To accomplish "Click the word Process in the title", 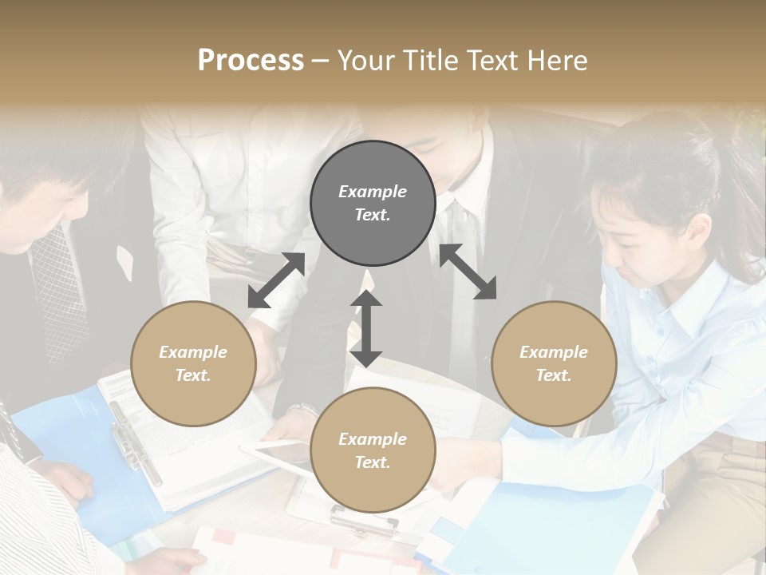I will (x=251, y=61).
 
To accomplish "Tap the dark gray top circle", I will (x=373, y=203).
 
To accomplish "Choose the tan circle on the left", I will (x=193, y=363).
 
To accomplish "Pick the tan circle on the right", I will (x=554, y=363).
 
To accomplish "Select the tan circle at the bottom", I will (x=373, y=450).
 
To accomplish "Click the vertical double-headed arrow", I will (x=366, y=328).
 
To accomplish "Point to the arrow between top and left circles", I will (x=276, y=280).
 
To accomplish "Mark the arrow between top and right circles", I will (x=468, y=272).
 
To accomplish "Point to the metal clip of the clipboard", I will (x=364, y=523).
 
